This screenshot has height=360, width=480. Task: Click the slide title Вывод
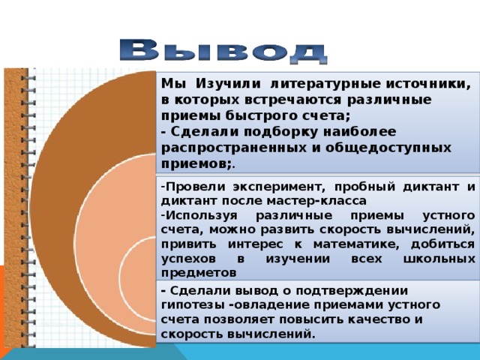pos(223,50)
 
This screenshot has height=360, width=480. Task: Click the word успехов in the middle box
pos(185,257)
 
